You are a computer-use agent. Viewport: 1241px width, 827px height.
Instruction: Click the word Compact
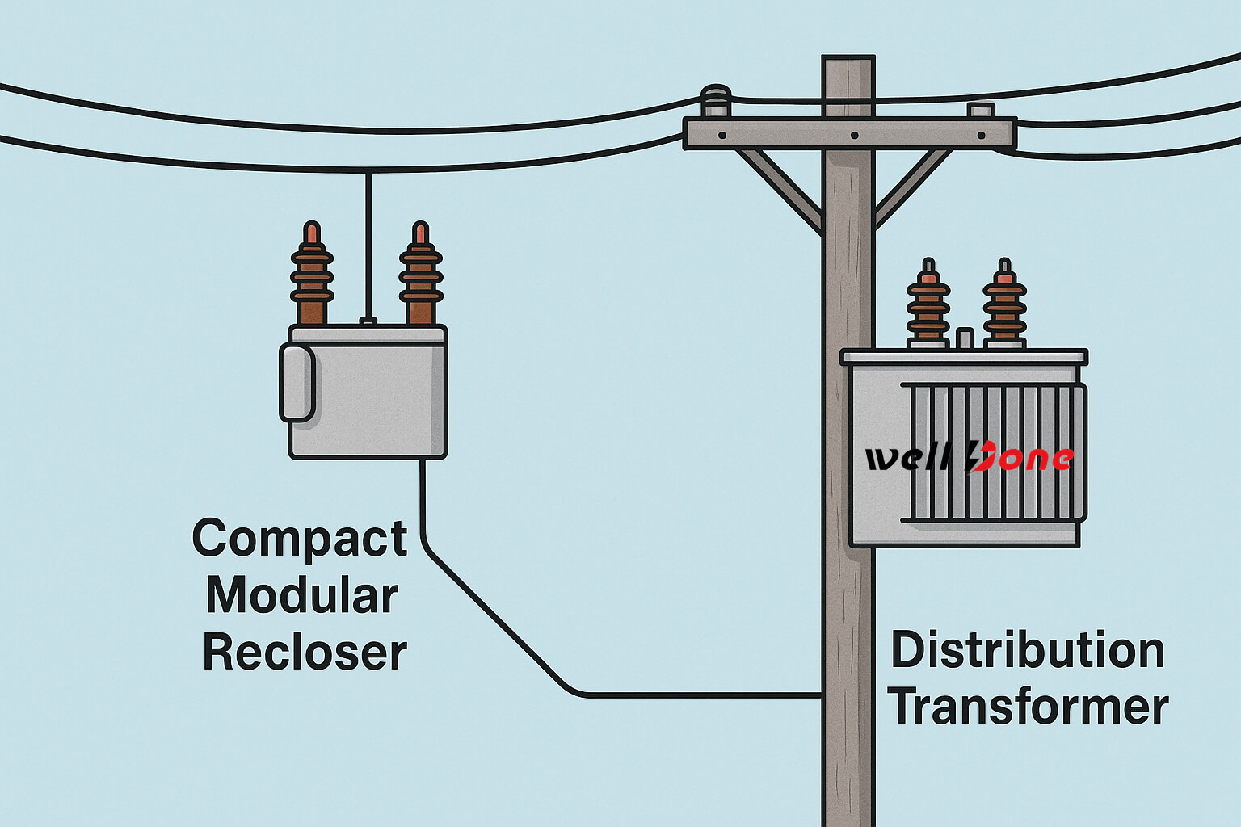point(300,539)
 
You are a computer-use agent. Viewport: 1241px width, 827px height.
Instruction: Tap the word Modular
point(302,596)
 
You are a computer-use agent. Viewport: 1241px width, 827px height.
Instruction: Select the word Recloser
point(305,653)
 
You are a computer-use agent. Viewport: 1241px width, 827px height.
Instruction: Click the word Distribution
point(1028,651)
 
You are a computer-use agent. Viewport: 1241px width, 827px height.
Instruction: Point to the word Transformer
point(1028,707)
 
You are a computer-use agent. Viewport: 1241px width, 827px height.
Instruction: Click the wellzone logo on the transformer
point(969,458)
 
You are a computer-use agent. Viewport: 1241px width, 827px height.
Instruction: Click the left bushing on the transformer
point(928,304)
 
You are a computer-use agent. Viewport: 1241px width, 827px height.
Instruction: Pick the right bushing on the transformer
point(1004,304)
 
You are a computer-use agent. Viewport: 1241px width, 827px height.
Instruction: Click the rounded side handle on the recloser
point(297,383)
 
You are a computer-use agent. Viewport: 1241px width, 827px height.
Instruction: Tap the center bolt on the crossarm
point(853,136)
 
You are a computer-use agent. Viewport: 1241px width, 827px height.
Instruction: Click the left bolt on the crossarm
point(721,135)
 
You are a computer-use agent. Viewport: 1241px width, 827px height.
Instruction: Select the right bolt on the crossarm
point(981,136)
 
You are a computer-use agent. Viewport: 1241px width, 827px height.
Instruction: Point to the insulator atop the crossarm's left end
point(716,101)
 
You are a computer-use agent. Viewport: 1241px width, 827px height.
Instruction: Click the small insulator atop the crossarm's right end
point(981,111)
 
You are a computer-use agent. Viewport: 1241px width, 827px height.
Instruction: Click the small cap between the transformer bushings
point(965,338)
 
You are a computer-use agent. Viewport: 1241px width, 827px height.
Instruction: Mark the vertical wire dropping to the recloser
point(368,242)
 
